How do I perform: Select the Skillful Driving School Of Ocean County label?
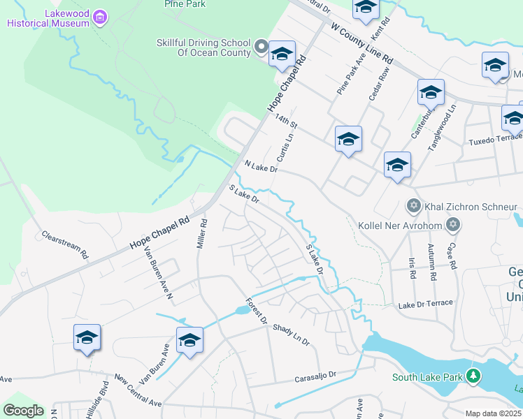coord(203,47)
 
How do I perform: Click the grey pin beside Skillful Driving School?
coord(261,48)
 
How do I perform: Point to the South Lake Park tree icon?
coord(473,377)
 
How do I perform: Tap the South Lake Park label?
coord(428,378)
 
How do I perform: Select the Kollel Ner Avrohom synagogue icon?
coord(453,226)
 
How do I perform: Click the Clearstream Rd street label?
coord(65,244)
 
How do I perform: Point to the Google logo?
coord(23,411)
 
